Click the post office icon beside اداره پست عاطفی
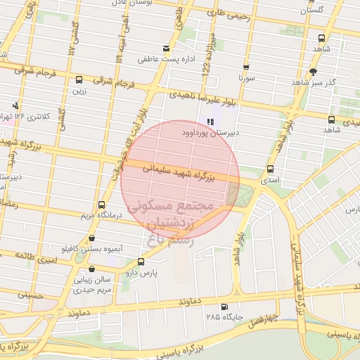click(x=167, y=49)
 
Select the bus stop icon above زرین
click(x=79, y=80)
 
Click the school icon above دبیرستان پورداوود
click(x=210, y=121)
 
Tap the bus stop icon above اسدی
click(x=271, y=169)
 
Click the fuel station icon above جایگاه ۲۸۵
click(x=224, y=306)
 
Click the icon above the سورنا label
click(x=246, y=68)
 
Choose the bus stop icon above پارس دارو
click(x=141, y=261)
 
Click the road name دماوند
click(x=191, y=300)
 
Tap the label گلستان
click(x=313, y=11)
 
